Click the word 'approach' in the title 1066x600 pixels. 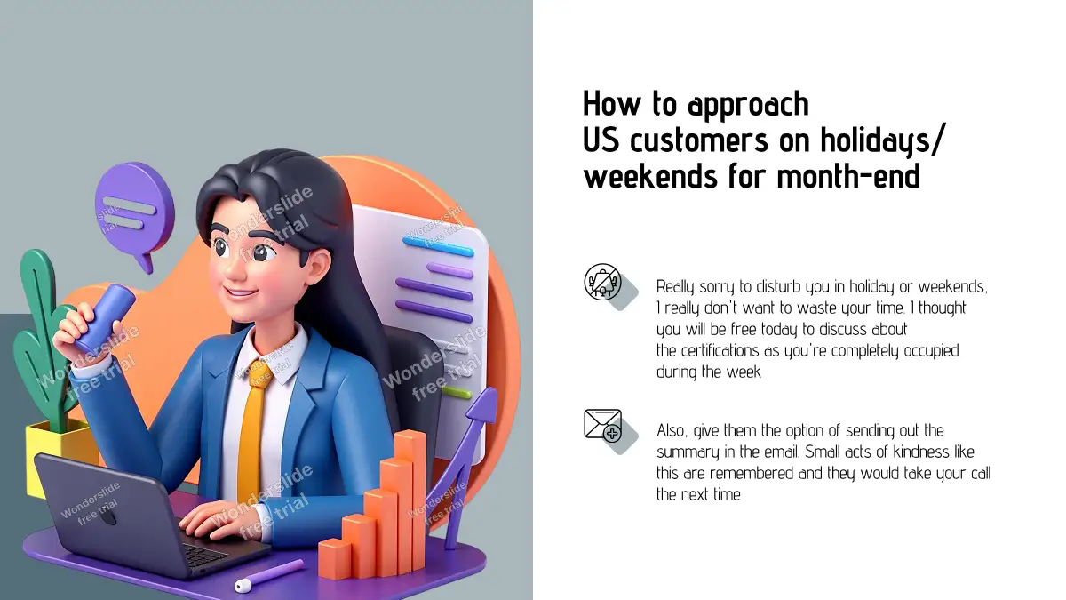749,105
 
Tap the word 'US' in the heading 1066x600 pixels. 601,140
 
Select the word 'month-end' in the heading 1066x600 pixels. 848,177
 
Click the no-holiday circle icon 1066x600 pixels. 602,282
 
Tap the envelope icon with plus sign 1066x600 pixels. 603,425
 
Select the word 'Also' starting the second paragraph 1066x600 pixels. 672,430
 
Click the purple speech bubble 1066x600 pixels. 135,212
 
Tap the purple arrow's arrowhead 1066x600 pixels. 484,404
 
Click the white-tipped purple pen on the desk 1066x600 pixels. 269,575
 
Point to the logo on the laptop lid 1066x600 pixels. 107,516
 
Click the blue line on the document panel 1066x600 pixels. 438,246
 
